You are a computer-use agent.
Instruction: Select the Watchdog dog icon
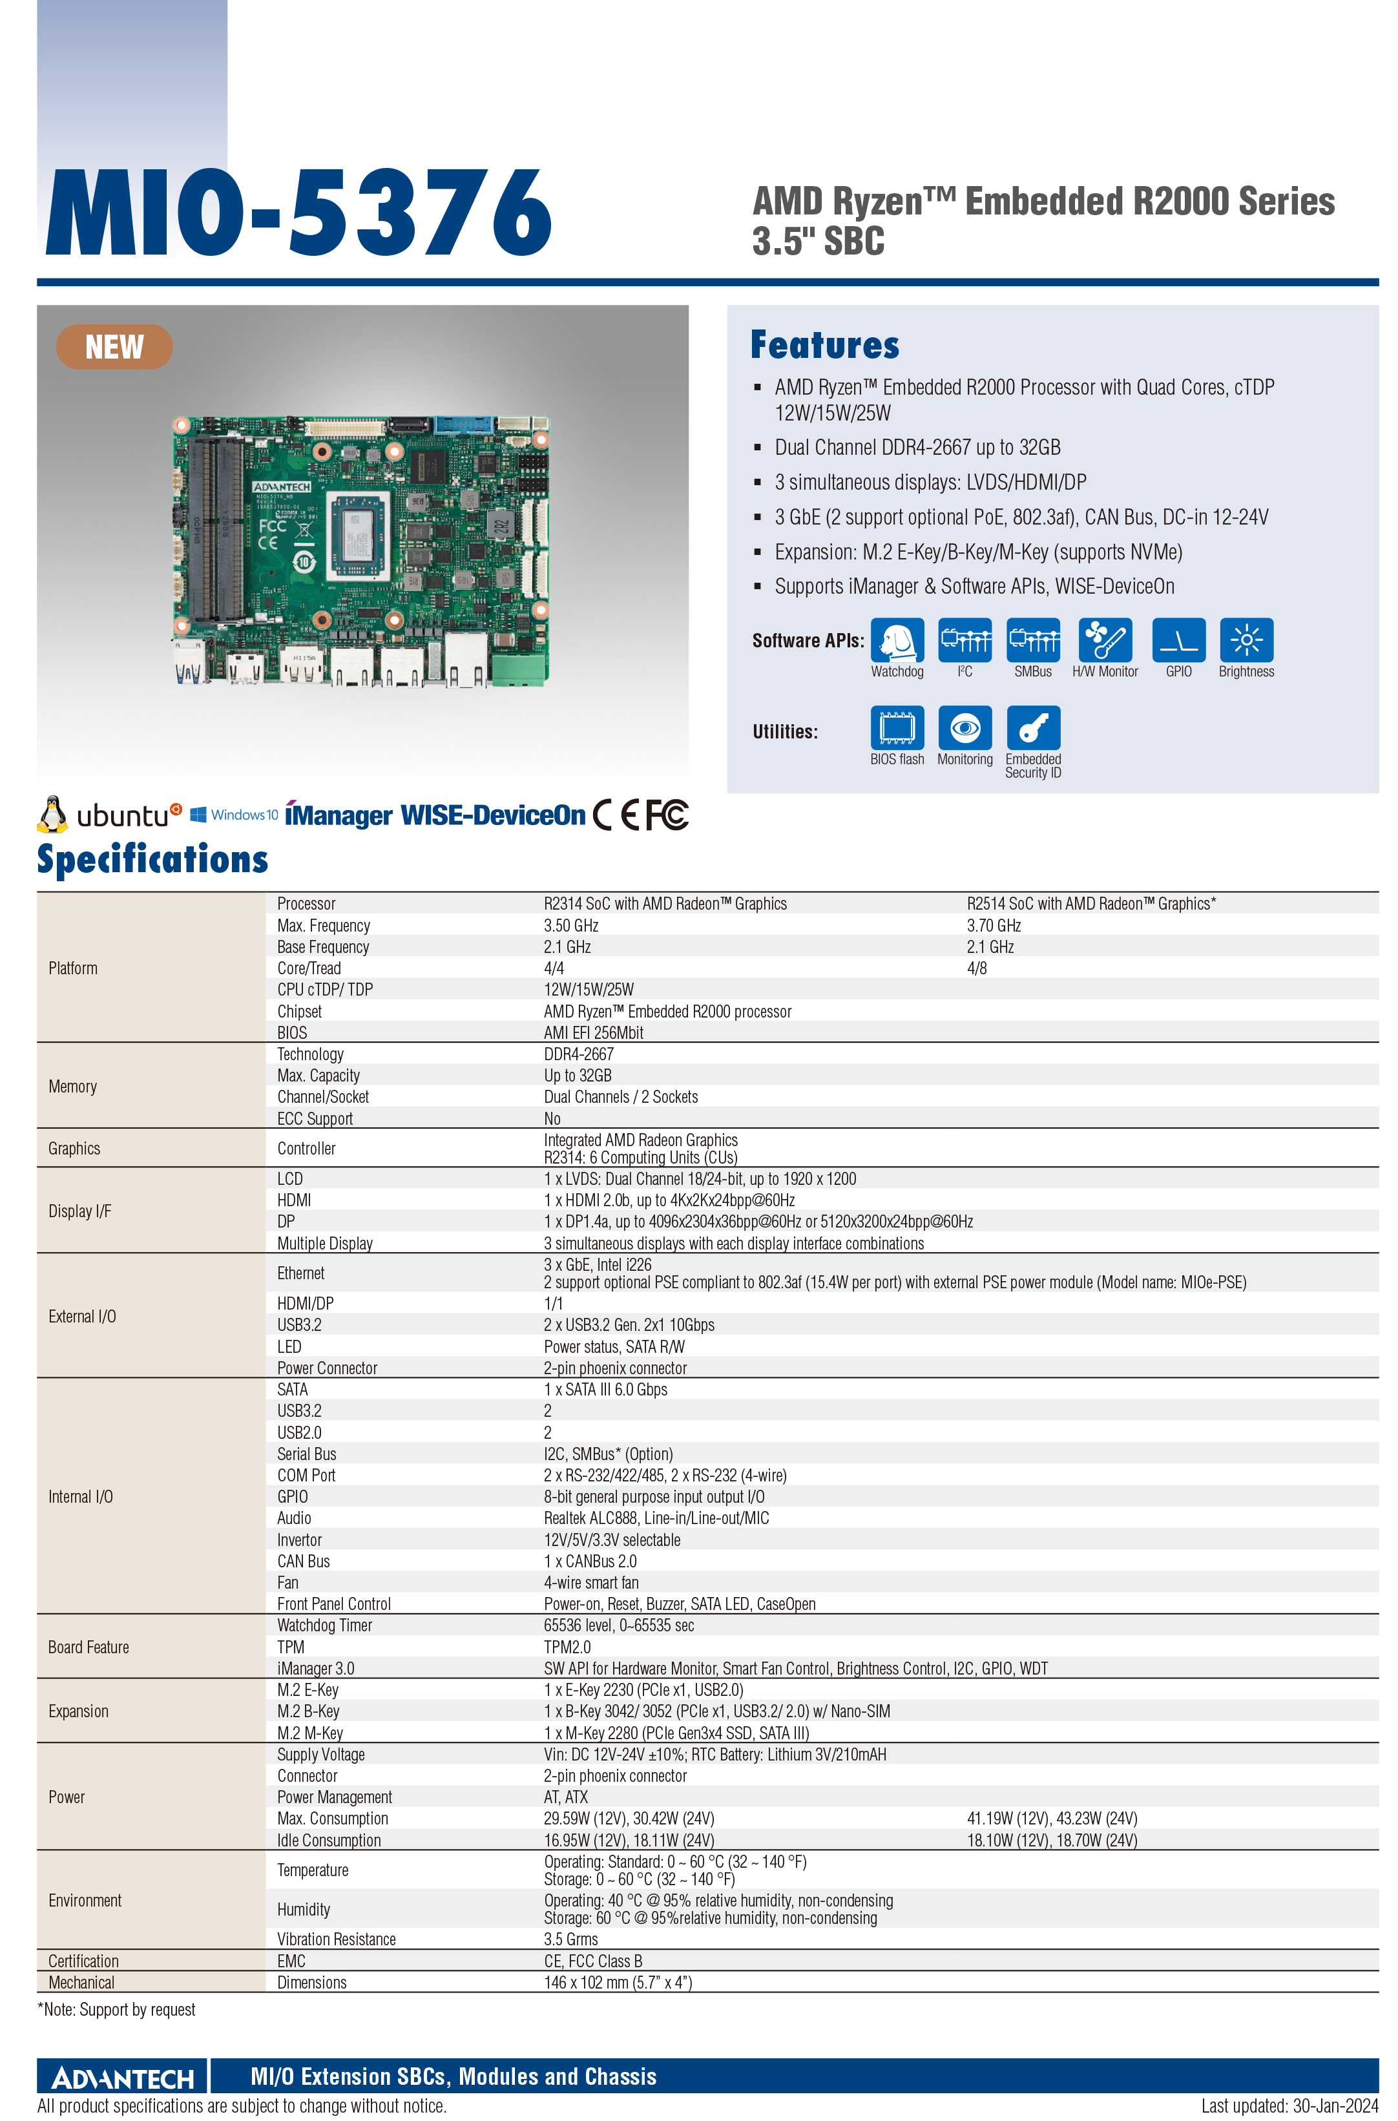897,640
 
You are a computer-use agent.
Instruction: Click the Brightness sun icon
1246,640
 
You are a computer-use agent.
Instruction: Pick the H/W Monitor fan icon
1105,640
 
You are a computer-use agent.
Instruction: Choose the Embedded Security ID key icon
1034,727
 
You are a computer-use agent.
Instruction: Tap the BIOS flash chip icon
897,727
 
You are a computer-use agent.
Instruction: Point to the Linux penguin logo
52,814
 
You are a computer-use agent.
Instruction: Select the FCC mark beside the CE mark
667,815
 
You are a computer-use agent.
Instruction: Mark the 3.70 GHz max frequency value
993,925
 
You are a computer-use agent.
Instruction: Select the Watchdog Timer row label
324,1625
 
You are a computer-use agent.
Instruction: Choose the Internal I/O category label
80,1497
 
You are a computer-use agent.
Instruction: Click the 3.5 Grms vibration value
570,1939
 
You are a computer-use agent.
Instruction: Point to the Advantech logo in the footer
123,2078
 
